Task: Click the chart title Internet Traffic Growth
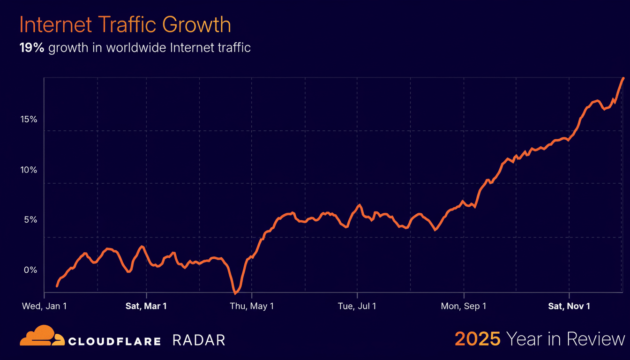(x=125, y=25)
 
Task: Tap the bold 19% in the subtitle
(x=31, y=48)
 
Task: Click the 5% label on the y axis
(x=30, y=219)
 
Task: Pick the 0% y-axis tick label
(x=30, y=270)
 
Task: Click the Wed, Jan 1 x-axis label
(x=45, y=306)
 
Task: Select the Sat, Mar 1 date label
(x=146, y=306)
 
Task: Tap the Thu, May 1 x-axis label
(x=252, y=306)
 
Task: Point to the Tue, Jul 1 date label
(x=357, y=306)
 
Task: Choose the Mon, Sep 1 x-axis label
(x=464, y=306)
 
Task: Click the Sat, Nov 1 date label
(x=569, y=306)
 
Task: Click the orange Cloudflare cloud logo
(x=42, y=336)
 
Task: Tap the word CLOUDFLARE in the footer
(x=114, y=341)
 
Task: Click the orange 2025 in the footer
(x=478, y=339)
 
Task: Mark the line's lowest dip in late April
(x=235, y=293)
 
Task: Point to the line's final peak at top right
(x=623, y=78)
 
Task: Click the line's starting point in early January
(x=57, y=285)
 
